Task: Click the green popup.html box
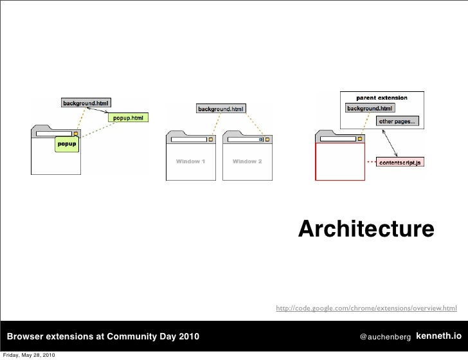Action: click(129, 118)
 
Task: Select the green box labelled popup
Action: click(67, 144)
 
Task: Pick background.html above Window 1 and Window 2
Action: click(221, 109)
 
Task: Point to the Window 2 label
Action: click(247, 161)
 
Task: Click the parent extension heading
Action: click(382, 98)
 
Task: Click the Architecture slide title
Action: click(366, 230)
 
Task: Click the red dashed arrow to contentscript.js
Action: click(371, 163)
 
